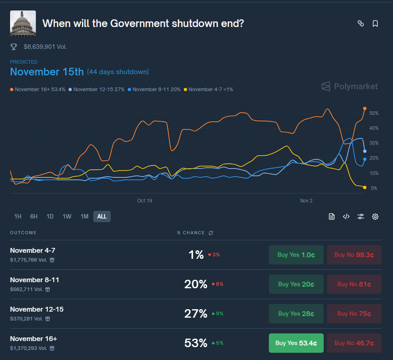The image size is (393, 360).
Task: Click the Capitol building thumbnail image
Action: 23,23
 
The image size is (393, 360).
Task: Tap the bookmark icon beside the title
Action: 375,24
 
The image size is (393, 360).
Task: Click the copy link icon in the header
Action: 361,24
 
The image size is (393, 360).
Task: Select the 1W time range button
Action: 67,216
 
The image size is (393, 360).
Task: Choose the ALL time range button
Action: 102,216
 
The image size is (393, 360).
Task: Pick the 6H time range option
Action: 34,216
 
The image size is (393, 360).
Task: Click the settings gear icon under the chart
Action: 375,216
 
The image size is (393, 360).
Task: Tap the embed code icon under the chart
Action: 346,216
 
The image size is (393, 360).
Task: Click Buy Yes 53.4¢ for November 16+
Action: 296,343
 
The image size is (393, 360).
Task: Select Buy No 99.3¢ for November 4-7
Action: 354,255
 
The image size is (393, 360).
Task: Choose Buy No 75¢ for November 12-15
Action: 354,314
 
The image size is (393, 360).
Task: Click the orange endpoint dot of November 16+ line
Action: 365,108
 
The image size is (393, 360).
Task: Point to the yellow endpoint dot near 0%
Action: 365,187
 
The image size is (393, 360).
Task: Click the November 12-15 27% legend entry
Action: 97,89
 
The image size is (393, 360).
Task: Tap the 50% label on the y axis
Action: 374,113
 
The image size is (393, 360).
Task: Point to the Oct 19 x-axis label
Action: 145,200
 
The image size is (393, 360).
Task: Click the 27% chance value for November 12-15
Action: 195,314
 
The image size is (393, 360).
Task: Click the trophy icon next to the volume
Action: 14,47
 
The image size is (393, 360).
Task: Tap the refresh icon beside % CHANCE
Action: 210,233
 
